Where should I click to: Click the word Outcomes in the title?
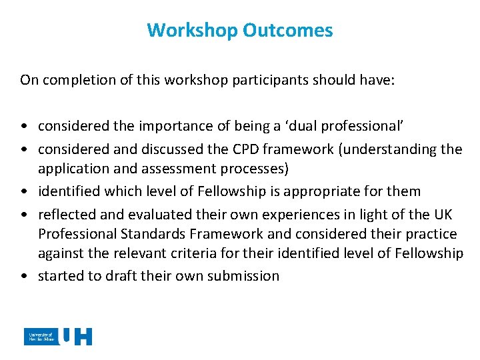(287, 30)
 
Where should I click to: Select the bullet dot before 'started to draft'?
(24, 277)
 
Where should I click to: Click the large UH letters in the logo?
(76, 337)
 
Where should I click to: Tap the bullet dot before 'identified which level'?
(24, 191)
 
